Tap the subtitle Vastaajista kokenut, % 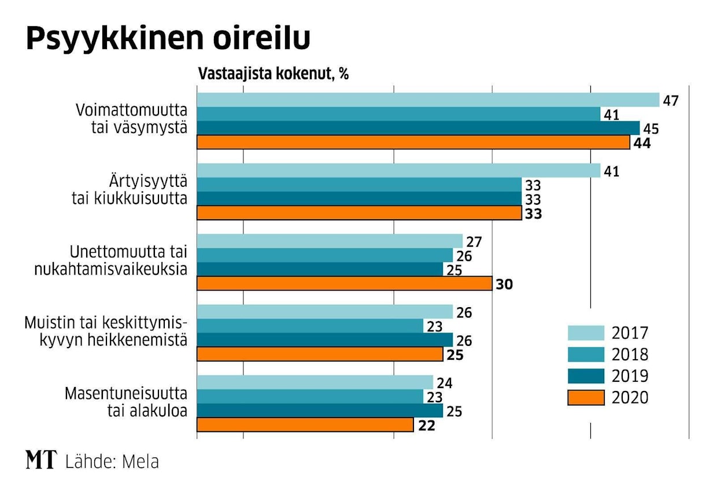(x=273, y=75)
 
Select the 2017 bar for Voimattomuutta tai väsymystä (x=428, y=100)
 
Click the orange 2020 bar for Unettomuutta (x=344, y=283)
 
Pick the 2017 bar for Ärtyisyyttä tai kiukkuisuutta (x=399, y=171)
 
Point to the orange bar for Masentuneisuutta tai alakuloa (x=305, y=425)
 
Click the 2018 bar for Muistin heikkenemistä (x=310, y=326)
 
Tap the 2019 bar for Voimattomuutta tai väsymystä (x=418, y=128)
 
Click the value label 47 (x=670, y=100)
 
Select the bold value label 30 (x=504, y=284)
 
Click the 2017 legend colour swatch (x=586, y=333)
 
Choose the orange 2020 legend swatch (x=586, y=397)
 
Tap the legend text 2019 (x=630, y=376)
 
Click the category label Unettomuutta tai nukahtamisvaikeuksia (x=128, y=261)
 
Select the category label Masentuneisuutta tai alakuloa (x=125, y=402)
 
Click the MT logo (x=41, y=460)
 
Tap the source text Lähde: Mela (x=112, y=462)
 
